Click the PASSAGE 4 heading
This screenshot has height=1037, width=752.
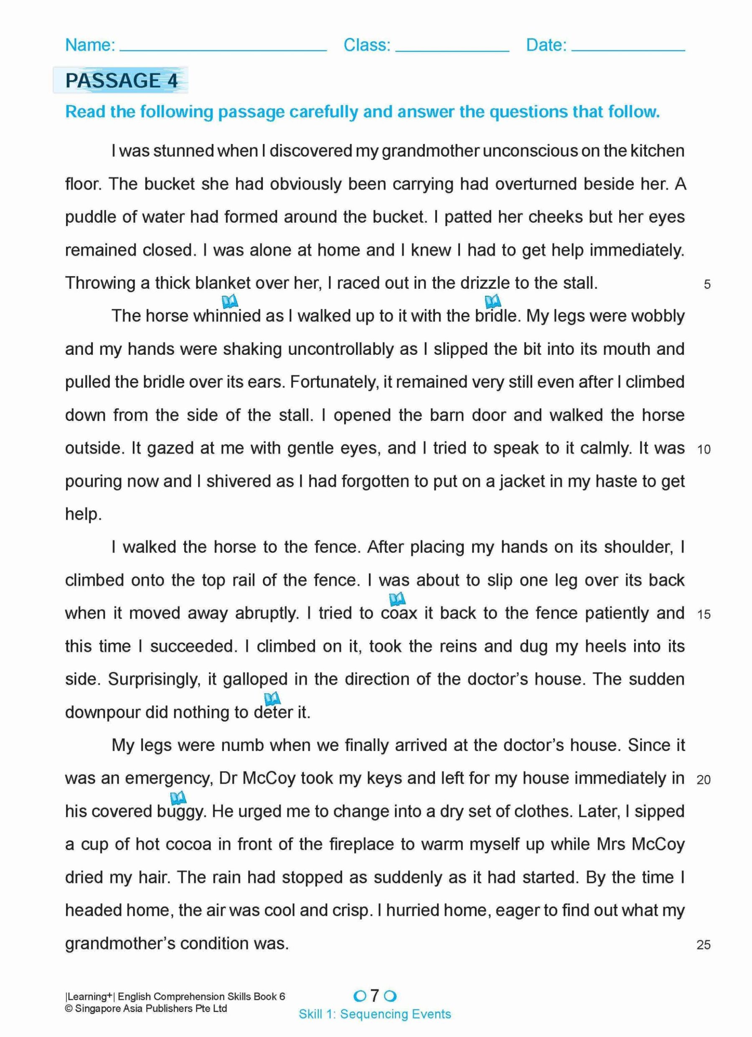point(121,81)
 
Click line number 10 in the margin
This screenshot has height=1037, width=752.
point(704,449)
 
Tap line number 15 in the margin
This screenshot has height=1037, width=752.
point(704,614)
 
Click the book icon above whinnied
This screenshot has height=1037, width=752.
point(229,301)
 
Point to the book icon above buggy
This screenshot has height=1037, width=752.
point(178,798)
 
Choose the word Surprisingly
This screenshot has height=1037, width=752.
point(154,680)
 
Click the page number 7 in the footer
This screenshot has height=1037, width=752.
point(375,995)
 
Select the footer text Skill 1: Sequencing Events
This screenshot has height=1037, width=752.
point(375,1014)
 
